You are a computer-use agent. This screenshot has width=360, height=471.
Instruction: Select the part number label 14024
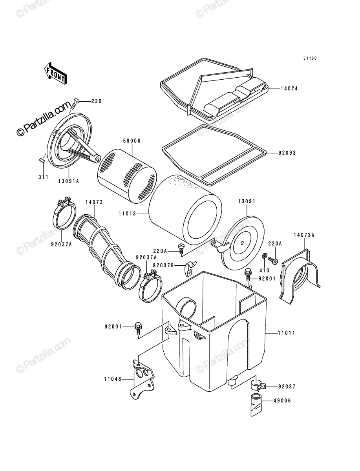289,89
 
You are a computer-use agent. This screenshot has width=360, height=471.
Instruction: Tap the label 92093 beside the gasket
287,153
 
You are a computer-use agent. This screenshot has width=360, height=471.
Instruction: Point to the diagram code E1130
310,58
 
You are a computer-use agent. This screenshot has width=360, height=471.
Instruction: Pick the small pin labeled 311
42,160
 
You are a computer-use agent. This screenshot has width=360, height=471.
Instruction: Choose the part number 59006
132,141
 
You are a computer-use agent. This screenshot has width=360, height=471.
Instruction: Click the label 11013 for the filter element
127,214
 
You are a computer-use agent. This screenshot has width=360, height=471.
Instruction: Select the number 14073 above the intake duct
94,202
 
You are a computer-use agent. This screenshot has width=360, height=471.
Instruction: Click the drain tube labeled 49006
256,405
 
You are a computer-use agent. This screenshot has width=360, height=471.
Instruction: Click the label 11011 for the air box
287,333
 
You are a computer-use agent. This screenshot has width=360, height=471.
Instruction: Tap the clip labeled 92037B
190,268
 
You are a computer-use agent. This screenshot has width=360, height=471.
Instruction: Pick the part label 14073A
304,235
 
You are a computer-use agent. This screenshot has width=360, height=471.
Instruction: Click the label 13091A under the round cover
69,181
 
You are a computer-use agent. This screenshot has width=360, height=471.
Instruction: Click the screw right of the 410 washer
273,260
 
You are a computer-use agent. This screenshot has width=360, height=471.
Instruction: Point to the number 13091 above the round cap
247,201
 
